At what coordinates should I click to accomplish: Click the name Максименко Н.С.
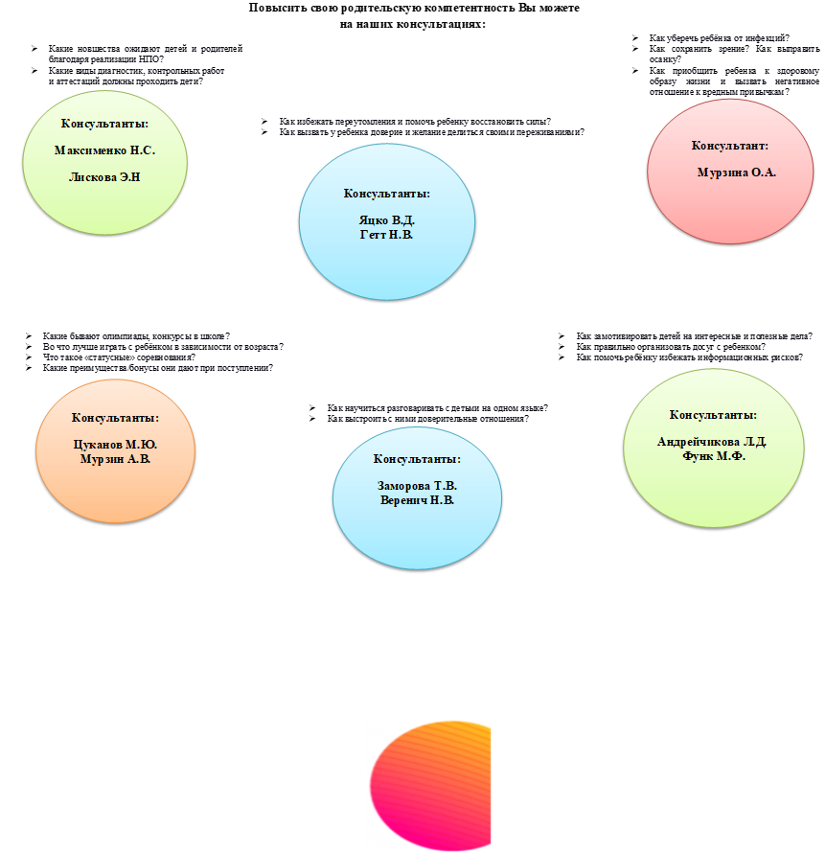click(104, 150)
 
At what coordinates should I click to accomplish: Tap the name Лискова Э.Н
click(104, 177)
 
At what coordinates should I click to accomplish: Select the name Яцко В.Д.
click(387, 220)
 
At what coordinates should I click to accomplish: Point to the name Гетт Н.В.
click(386, 235)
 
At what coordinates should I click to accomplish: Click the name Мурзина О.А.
click(736, 173)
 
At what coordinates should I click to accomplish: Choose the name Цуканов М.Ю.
click(115, 445)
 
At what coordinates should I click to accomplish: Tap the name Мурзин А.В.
click(115, 459)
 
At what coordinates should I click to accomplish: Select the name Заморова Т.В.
click(417, 486)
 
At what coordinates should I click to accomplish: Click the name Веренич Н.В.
click(417, 500)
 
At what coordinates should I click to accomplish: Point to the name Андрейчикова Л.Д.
click(712, 442)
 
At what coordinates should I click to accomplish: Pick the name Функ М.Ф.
click(714, 456)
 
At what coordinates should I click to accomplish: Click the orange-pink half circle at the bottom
click(430, 786)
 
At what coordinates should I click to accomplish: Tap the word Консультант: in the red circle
click(730, 146)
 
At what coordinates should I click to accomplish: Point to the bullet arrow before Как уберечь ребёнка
click(635, 38)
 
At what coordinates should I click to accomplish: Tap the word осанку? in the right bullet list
click(665, 59)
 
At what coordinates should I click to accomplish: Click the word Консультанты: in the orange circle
click(115, 418)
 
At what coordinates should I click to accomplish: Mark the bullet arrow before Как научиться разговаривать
click(312, 408)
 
